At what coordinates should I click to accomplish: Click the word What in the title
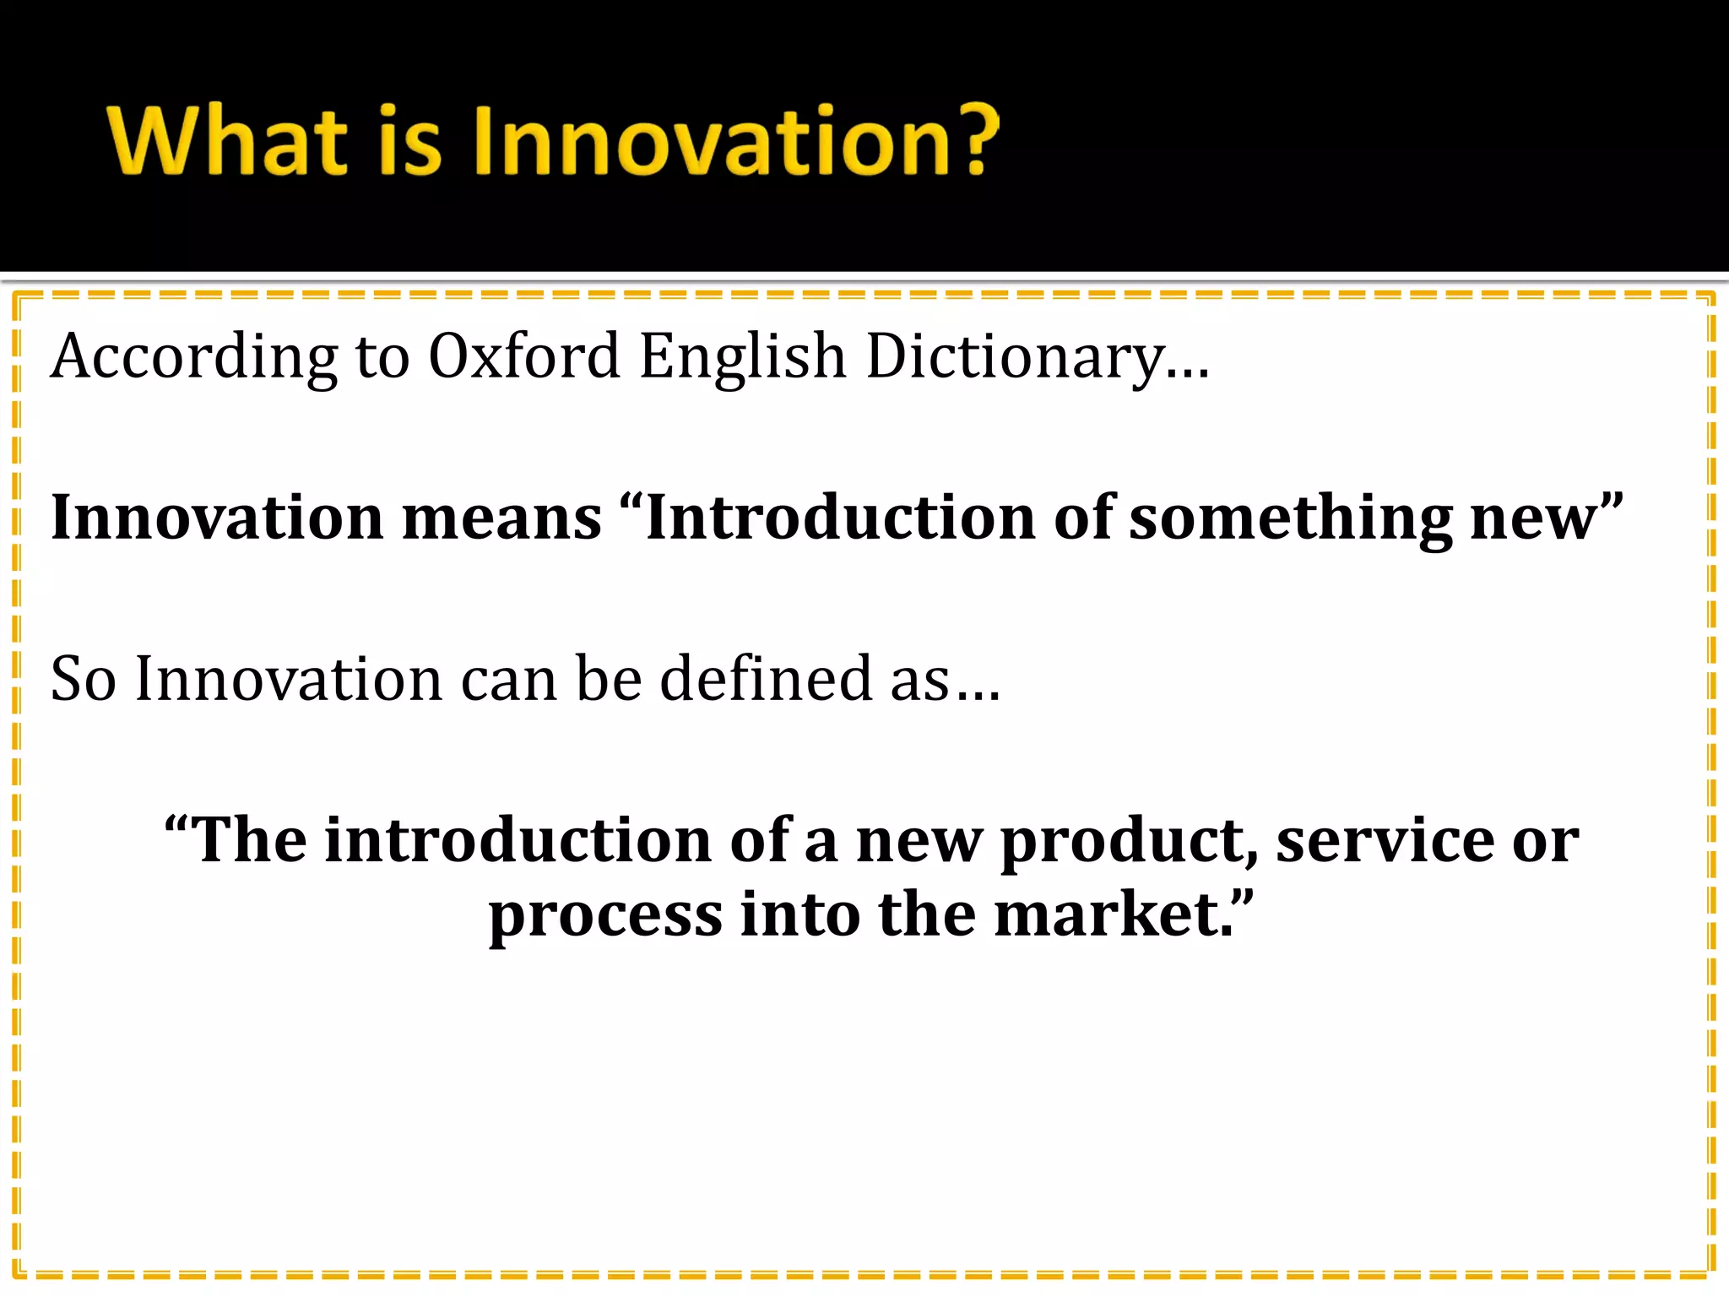(x=227, y=140)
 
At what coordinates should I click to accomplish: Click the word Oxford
(x=524, y=356)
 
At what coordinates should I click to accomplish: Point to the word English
(x=742, y=356)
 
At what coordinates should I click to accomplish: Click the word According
(x=194, y=356)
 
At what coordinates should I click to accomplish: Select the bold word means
(x=501, y=518)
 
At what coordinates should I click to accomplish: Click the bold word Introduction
(x=839, y=518)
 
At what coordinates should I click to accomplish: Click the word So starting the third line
(x=83, y=679)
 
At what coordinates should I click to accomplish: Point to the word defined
(x=765, y=679)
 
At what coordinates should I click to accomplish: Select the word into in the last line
(x=799, y=915)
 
